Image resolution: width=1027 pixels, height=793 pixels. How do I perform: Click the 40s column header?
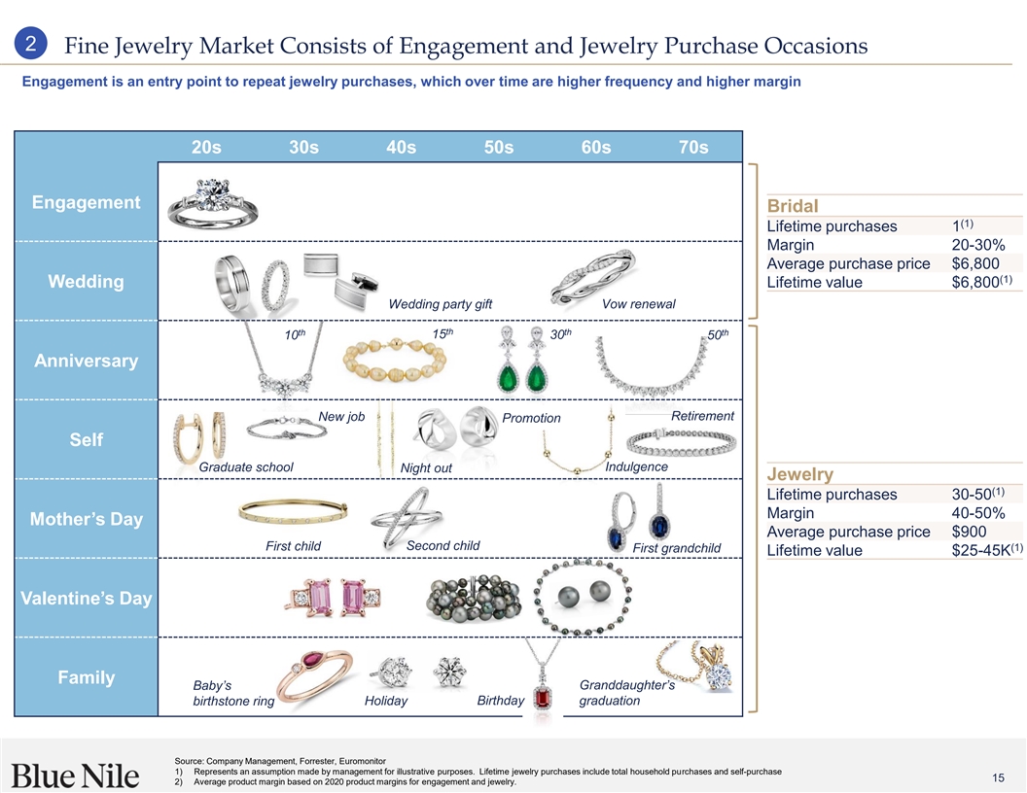coord(401,148)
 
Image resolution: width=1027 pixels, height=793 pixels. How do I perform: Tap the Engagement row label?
coord(87,202)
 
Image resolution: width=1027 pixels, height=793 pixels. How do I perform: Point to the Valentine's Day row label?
coord(87,598)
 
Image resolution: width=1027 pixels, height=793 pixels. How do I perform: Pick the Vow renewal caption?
coord(638,304)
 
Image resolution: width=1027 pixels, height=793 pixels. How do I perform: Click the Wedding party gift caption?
coord(440,304)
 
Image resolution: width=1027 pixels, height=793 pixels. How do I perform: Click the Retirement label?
coord(702,416)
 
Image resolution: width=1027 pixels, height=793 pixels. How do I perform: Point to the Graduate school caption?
coord(245,467)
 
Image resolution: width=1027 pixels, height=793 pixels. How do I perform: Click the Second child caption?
coord(443,545)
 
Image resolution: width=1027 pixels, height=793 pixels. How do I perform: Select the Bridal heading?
coord(793,207)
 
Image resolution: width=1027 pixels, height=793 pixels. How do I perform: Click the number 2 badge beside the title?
coord(32,45)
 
